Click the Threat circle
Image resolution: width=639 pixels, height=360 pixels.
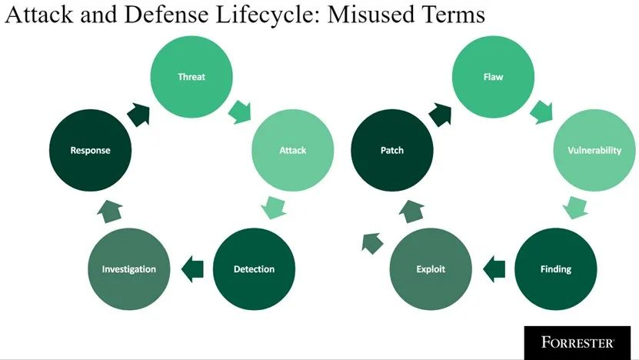[191, 77]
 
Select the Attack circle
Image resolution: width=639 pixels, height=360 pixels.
[293, 150]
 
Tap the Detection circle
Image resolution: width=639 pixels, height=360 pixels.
[254, 269]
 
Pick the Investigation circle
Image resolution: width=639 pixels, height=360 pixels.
[128, 269]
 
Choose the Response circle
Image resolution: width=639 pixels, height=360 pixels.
[90, 150]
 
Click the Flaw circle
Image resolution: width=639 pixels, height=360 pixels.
[493, 77]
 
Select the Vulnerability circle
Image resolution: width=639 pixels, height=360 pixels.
[594, 150]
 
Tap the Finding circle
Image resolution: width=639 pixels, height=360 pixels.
[556, 269]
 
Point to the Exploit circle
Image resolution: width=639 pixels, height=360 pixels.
[431, 269]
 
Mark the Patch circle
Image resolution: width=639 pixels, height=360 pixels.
[392, 150]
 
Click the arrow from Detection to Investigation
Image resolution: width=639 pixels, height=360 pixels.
[192, 269]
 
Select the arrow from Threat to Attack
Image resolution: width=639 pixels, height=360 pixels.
[240, 112]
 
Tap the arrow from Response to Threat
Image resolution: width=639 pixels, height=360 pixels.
[139, 115]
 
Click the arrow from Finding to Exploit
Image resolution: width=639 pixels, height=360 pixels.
[494, 269]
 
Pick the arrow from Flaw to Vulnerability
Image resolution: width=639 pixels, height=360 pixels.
[541, 112]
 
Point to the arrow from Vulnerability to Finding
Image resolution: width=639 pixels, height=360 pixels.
[575, 208]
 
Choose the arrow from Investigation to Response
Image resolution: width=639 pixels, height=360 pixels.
[110, 212]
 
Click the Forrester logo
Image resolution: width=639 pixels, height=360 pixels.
[577, 342]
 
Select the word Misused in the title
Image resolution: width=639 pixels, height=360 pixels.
[368, 15]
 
